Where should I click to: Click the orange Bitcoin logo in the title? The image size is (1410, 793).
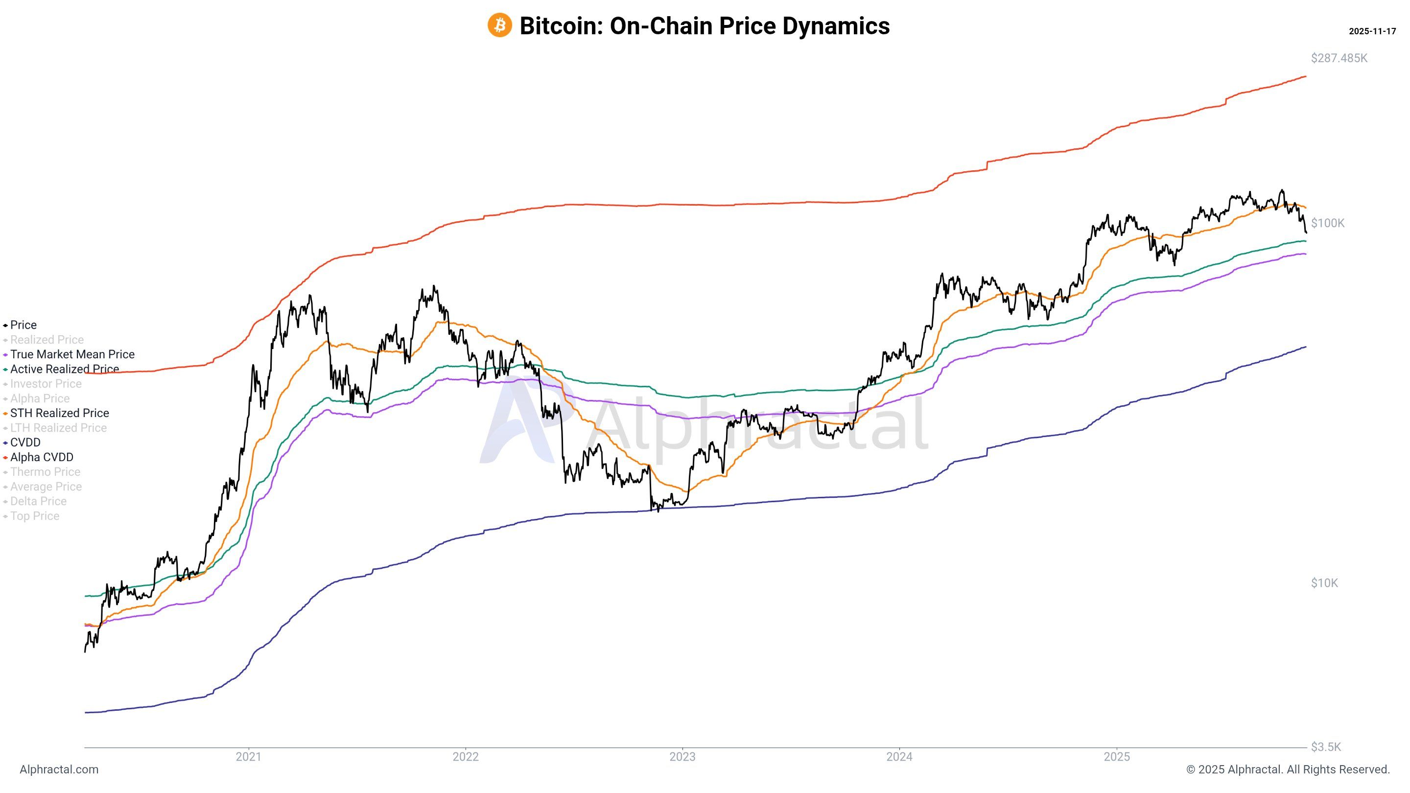click(499, 25)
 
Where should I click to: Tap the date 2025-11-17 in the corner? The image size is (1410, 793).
click(1372, 31)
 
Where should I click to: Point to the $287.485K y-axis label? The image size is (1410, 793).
click(1339, 58)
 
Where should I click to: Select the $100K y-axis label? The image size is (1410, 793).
click(1327, 223)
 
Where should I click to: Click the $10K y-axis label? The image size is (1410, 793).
click(1324, 583)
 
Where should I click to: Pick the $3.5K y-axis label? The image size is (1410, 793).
click(1326, 747)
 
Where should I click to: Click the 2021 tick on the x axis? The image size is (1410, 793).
click(248, 757)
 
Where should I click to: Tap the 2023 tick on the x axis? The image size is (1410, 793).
click(682, 757)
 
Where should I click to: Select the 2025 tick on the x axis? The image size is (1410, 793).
click(1117, 757)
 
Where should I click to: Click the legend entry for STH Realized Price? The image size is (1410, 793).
click(59, 413)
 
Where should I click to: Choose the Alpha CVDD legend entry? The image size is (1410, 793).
click(42, 457)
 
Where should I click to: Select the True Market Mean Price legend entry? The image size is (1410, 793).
click(71, 354)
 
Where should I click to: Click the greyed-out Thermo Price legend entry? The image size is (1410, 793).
click(45, 472)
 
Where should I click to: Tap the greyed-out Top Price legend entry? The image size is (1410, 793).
click(34, 516)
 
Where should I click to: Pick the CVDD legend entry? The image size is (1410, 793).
click(25, 442)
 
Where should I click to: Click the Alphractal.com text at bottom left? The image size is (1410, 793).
click(59, 770)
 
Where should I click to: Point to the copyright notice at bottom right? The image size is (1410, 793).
click(1288, 770)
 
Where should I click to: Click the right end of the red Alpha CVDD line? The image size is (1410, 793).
click(1305, 76)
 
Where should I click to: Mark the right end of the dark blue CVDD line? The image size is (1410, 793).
click(1305, 347)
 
